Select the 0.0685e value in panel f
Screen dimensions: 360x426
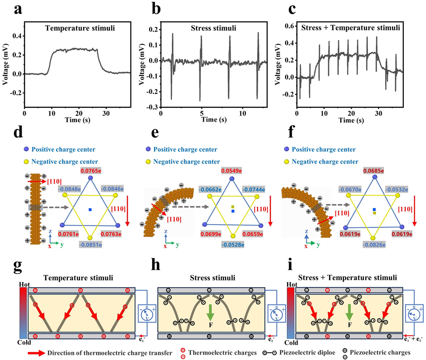point(374,170)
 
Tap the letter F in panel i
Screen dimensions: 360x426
point(349,326)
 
